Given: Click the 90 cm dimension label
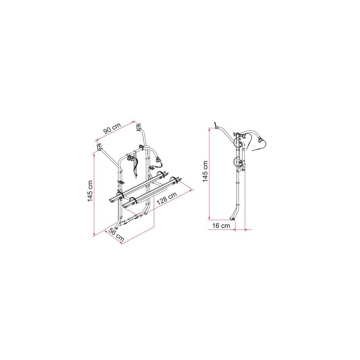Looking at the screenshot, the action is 112,128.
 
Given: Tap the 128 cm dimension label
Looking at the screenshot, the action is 166,198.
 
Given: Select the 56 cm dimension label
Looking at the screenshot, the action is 116,235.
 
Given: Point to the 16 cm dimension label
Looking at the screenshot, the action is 221,226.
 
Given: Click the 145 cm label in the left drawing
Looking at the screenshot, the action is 90,191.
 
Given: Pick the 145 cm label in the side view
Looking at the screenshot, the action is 205,171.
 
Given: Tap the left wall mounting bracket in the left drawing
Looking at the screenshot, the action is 99,147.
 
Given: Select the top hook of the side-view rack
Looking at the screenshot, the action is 216,126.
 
